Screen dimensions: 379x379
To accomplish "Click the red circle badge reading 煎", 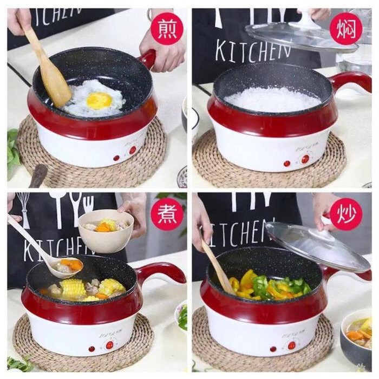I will coord(166,28).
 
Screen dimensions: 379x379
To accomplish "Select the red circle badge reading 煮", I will coord(166,214).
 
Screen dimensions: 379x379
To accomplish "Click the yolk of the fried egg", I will coord(99,100).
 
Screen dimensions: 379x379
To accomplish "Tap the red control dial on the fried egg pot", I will coord(133,150).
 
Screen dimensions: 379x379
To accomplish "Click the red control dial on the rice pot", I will coord(305,159).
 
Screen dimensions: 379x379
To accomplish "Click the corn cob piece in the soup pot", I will coord(73,288).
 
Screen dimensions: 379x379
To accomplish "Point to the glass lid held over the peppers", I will coord(317,246).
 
